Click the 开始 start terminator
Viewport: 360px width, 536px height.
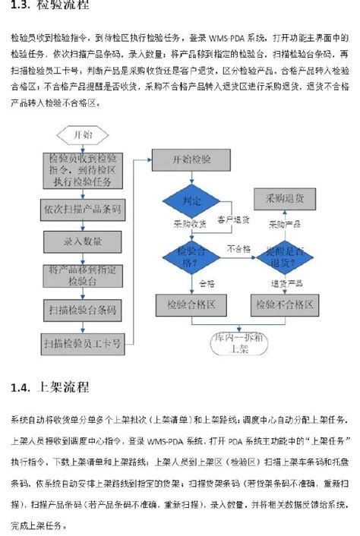click(x=83, y=135)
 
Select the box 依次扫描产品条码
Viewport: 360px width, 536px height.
click(x=83, y=208)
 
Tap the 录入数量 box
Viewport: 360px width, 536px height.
click(x=83, y=241)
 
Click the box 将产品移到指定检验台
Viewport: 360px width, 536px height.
click(x=83, y=275)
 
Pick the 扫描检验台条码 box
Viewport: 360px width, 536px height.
click(x=83, y=309)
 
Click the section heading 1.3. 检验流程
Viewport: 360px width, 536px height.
click(x=49, y=6)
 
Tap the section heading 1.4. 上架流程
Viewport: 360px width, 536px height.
click(x=49, y=388)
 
